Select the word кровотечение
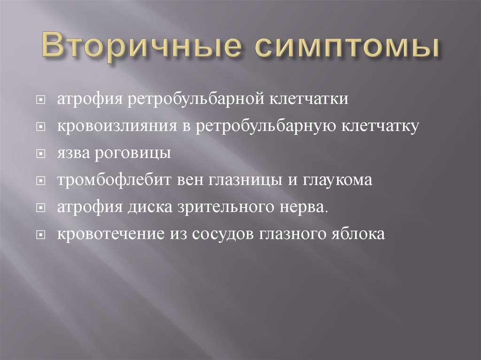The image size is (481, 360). click(x=110, y=234)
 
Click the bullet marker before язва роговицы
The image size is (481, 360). click(x=42, y=154)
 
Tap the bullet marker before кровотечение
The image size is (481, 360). click(x=42, y=234)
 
